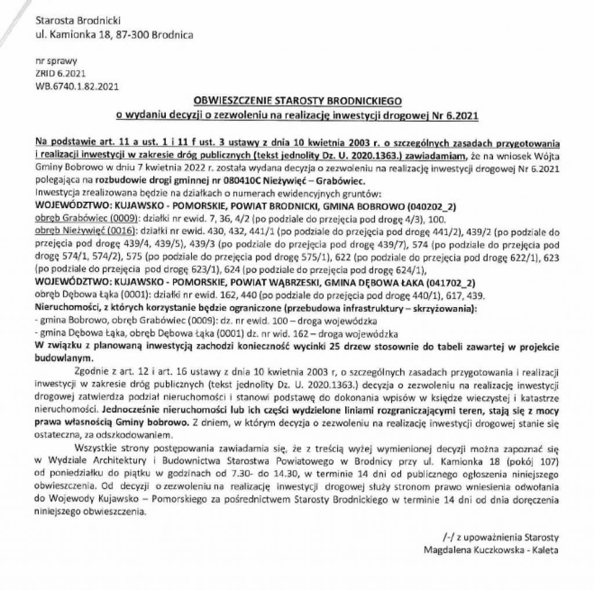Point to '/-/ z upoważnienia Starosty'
[499, 537]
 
